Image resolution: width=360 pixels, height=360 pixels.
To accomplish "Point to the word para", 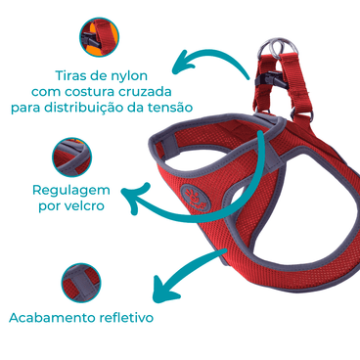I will tap(26, 106).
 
